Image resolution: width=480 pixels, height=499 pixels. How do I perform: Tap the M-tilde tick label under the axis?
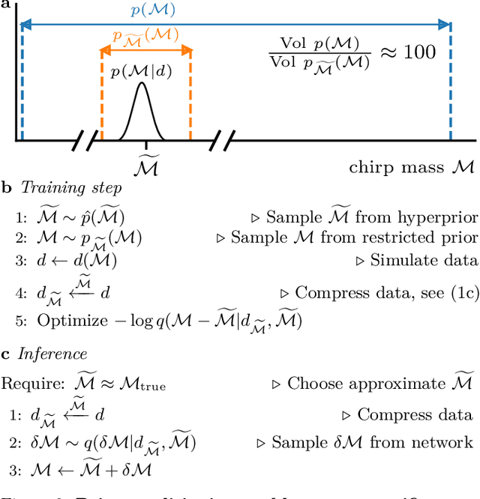(x=146, y=165)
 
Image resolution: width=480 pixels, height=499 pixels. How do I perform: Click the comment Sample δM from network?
(x=372, y=443)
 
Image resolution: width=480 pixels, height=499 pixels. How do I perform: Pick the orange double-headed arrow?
(x=145, y=50)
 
